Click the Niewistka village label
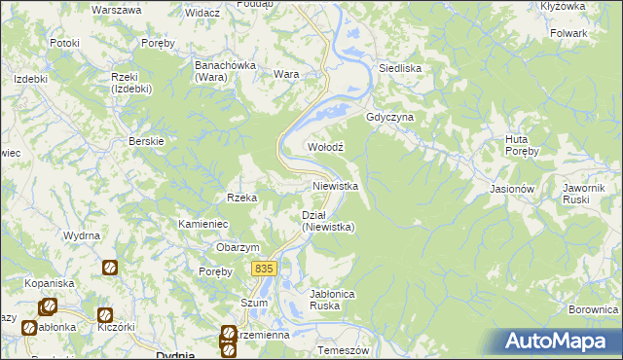[x=336, y=185]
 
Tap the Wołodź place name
[x=326, y=146]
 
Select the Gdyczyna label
[x=390, y=117]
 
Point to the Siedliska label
[x=399, y=68]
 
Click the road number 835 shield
[x=264, y=268]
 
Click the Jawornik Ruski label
[x=584, y=194]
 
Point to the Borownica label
[x=594, y=309]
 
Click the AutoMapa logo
[x=560, y=341]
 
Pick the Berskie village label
[x=146, y=140]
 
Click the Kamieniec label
[x=202, y=224]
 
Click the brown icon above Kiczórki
[x=104, y=314]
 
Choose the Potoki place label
[x=64, y=43]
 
